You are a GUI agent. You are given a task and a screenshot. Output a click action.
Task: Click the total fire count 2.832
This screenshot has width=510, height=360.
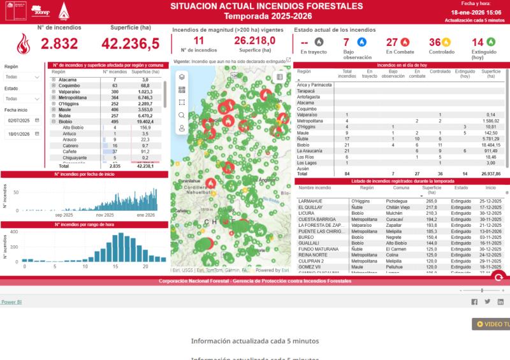[x=59, y=44]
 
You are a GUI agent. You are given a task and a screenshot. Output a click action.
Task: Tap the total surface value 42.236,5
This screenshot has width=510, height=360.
[x=130, y=44]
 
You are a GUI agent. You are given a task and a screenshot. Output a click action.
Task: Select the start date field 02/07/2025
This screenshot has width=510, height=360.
[x=20, y=120]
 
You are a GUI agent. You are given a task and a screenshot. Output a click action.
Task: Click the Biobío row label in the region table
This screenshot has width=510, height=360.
[x=65, y=121]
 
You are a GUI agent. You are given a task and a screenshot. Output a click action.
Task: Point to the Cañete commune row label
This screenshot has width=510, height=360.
[x=71, y=152]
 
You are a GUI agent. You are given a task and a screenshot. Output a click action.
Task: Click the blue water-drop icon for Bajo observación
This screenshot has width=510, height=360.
[x=362, y=42]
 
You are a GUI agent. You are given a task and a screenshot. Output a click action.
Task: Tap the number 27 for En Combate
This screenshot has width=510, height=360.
[x=392, y=42]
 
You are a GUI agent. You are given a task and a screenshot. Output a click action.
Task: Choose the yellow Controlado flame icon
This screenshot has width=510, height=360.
[x=446, y=42]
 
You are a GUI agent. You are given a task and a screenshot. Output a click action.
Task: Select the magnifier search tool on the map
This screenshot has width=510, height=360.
[x=182, y=115]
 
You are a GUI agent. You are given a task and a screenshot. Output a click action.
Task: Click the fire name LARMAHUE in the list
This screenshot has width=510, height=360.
[x=311, y=201]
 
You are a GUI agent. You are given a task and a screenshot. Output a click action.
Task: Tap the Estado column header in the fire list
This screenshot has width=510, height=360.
[x=461, y=188]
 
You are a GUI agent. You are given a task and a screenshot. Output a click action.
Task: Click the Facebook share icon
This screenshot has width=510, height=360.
[x=474, y=302]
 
